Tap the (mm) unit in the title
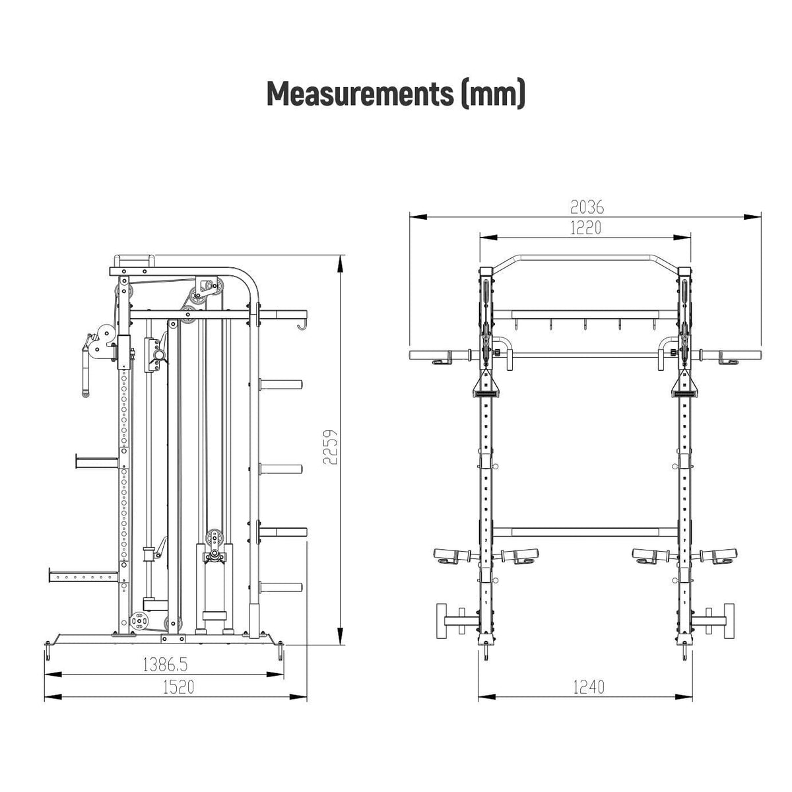[x=493, y=94]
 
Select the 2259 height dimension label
[x=330, y=447]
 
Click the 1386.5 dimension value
[x=165, y=665]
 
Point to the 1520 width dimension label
[x=178, y=687]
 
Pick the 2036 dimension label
[x=587, y=207]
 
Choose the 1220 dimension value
[x=585, y=228]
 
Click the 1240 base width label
[x=589, y=687]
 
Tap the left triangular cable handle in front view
[x=485, y=384]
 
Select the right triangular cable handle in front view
[x=684, y=384]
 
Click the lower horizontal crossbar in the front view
[x=585, y=532]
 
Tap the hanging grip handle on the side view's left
[x=86, y=366]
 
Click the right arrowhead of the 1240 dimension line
[x=683, y=697]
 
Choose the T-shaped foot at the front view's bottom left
[x=456, y=621]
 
